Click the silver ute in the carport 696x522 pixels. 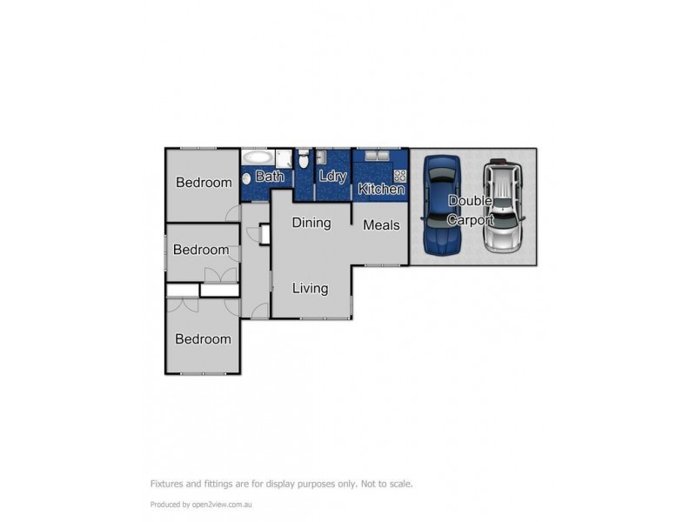point(502,206)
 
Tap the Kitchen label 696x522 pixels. point(381,189)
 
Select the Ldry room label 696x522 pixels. point(333,177)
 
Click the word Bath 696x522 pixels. point(270,177)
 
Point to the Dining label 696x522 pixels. point(311,223)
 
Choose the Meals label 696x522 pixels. point(381,224)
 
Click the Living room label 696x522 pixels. point(310,289)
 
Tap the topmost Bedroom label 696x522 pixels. point(204,183)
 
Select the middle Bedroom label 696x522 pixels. point(201,250)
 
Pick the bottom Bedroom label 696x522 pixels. point(203,339)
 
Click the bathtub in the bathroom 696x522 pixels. point(258,157)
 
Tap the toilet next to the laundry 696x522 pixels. point(303,160)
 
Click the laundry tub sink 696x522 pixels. point(321,157)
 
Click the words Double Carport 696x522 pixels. point(470,211)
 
